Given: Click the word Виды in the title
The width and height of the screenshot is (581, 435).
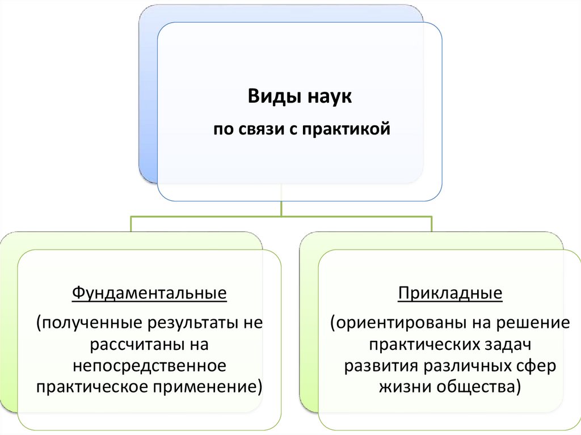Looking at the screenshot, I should point(268,97).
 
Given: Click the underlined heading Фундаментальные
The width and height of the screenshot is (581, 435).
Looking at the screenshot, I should point(149,294).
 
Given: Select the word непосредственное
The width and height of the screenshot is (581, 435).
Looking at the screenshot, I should point(149,366).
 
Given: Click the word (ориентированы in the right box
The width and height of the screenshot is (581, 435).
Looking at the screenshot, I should point(389,324).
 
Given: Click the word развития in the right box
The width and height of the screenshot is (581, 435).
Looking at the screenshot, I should point(381,366).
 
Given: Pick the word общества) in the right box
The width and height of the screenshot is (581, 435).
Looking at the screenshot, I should point(480,387).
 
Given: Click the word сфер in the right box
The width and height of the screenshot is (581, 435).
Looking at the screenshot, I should point(538,366).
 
